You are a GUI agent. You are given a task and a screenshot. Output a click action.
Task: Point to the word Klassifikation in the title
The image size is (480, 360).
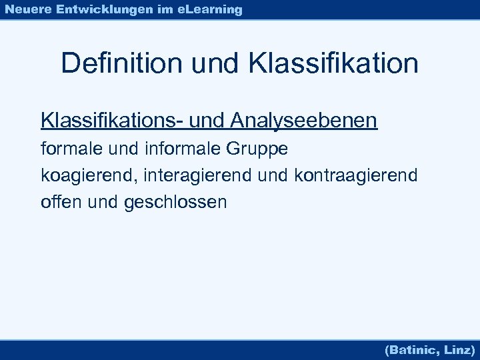point(333,63)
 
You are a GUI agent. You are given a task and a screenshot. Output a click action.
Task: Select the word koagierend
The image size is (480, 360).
point(83,175)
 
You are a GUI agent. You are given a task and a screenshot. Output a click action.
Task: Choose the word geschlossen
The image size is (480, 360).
point(175,202)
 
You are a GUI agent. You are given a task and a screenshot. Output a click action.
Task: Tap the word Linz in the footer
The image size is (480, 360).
point(458,349)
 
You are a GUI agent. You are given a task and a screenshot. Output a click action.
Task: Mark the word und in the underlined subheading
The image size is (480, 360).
point(208,121)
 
